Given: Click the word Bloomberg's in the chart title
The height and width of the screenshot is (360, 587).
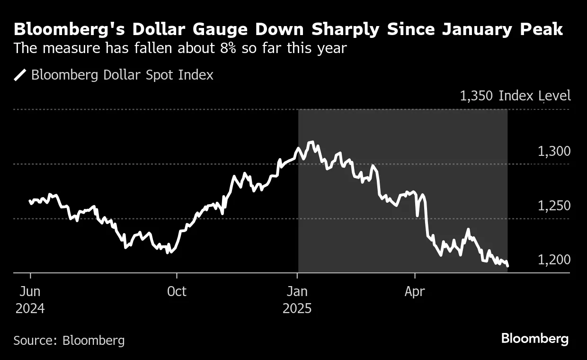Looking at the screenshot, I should [x=59, y=29].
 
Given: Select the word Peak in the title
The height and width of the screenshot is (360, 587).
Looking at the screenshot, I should [x=541, y=29].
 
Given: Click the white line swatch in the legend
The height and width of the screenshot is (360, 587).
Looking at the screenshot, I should [x=20, y=75].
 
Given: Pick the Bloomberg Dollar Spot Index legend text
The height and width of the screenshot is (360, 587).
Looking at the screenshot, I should [x=122, y=75].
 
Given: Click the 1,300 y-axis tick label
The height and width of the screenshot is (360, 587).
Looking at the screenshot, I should [x=554, y=152].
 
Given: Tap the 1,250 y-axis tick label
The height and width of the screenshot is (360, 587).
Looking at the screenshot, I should [x=554, y=206].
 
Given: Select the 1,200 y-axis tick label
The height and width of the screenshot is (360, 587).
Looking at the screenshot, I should [x=554, y=260].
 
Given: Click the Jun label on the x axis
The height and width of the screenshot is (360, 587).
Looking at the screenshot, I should [x=30, y=291].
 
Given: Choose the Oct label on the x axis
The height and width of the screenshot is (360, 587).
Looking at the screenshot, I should [x=177, y=291].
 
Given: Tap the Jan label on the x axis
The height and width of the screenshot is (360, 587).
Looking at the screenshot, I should [x=297, y=291].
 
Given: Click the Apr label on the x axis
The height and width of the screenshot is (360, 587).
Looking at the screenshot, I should [x=415, y=291].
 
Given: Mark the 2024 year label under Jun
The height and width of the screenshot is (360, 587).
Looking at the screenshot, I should [x=30, y=309].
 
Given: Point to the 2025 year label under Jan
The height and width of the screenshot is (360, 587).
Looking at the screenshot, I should [x=297, y=309].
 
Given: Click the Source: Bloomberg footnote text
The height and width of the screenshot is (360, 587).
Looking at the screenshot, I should [x=69, y=340].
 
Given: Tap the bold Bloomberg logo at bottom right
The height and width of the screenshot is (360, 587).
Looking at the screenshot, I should [x=535, y=339].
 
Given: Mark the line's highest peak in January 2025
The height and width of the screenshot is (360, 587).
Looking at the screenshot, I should [x=311, y=142].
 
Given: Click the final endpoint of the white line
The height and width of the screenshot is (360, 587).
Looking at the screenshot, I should [x=507, y=266].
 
